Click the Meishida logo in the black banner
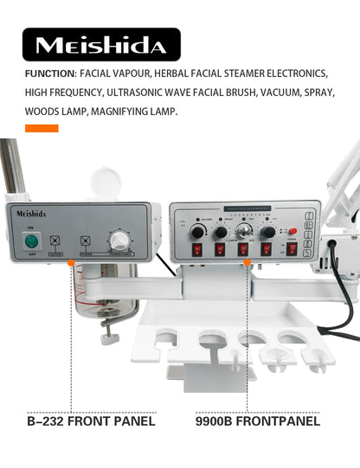tap(102, 44)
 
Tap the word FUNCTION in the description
tap(51, 74)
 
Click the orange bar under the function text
tap(42, 129)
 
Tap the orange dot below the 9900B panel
tap(247, 260)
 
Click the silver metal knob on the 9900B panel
tap(245, 231)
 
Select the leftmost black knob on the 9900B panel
tap(197, 232)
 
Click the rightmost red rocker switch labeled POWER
tap(292, 248)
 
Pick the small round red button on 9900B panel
tap(292, 232)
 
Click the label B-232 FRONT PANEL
tap(91, 422)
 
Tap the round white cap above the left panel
tap(102, 186)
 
